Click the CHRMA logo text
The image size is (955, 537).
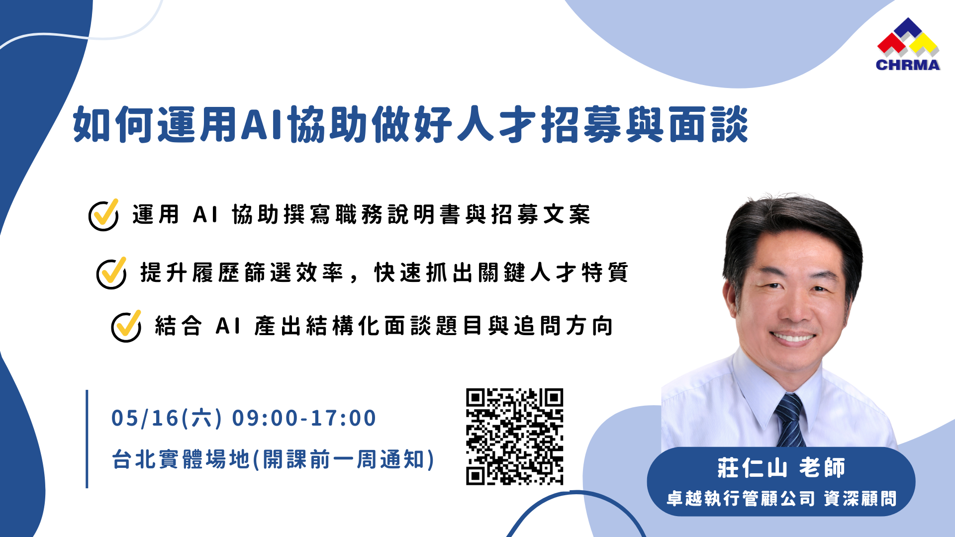point(908,65)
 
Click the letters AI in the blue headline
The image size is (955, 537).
point(263,124)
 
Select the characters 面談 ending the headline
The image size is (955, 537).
point(708,124)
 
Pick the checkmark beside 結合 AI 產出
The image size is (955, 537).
point(126,326)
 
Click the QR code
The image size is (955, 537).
point(515,437)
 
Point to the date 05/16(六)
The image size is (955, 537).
point(167,418)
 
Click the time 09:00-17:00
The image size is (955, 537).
point(304,418)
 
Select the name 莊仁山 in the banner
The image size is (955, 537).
point(752,468)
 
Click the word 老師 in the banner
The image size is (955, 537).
point(822,468)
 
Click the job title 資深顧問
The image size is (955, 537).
point(860,499)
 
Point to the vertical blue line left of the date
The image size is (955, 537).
point(87,439)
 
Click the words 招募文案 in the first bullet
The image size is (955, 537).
point(541,215)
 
